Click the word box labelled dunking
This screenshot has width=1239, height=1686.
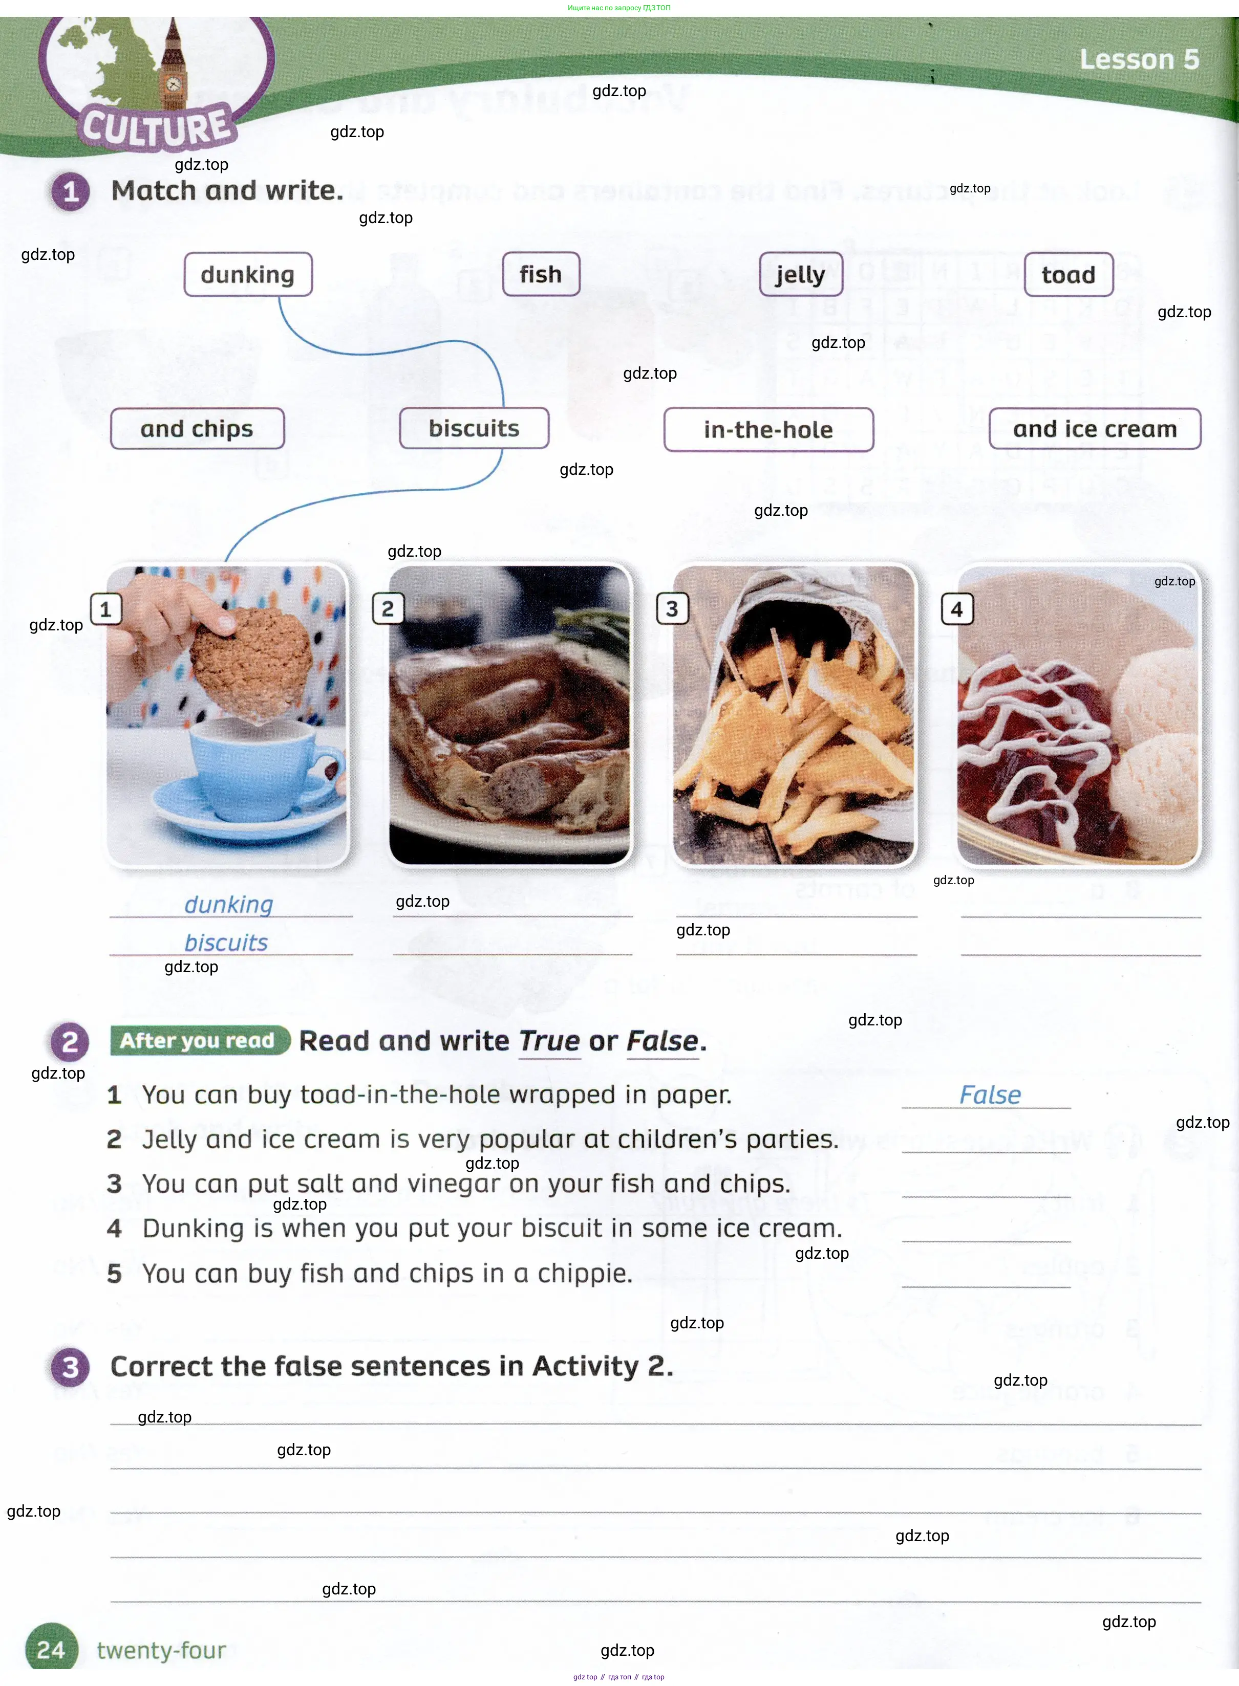[248, 274]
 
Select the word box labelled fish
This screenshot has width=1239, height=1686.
[541, 274]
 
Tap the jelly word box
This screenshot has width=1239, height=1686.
[801, 274]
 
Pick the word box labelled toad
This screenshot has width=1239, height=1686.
[1069, 274]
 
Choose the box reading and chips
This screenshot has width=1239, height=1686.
[197, 429]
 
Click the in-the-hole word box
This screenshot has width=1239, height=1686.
[769, 429]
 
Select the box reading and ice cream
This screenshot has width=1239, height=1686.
[1095, 429]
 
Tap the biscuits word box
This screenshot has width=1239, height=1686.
[474, 428]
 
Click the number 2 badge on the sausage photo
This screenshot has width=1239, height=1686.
[388, 609]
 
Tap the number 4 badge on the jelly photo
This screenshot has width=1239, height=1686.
[957, 609]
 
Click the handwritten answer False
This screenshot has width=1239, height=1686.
[990, 1096]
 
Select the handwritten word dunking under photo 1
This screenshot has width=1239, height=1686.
[229, 905]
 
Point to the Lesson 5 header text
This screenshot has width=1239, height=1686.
[1139, 59]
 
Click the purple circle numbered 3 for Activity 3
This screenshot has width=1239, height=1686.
[71, 1367]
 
